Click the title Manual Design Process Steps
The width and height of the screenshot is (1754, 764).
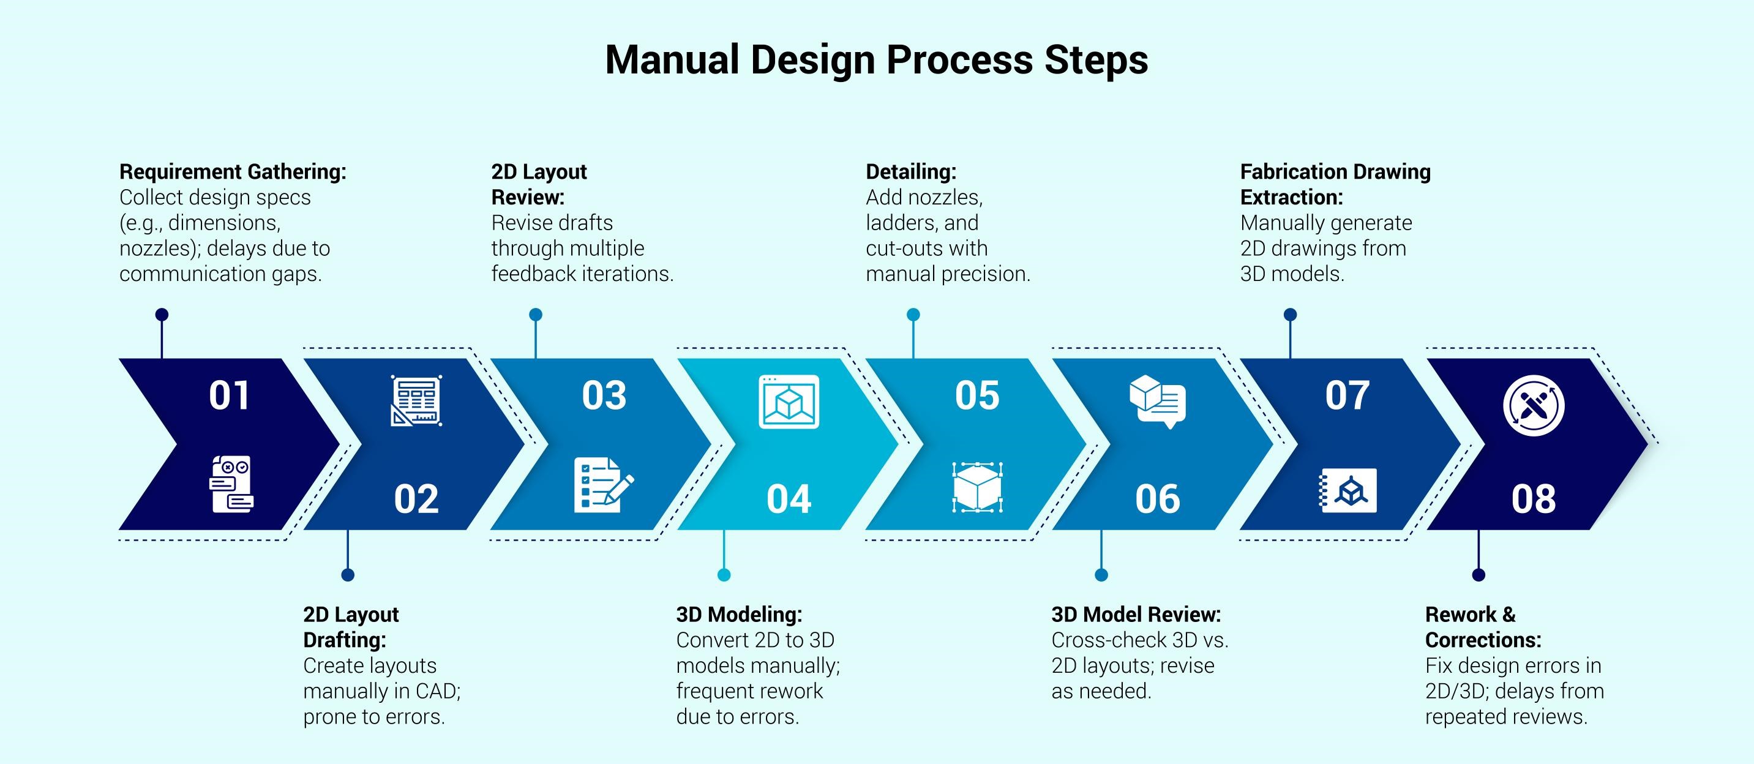point(876,59)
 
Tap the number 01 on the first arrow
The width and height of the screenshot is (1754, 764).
point(230,395)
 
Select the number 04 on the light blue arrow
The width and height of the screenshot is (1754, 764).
point(789,499)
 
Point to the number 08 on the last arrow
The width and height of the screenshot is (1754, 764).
point(1534,499)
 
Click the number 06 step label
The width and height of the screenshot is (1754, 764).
point(1158,499)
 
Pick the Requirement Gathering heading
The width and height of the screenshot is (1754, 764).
point(233,171)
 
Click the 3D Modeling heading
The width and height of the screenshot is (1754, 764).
point(740,614)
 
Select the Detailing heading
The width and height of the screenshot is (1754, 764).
point(911,171)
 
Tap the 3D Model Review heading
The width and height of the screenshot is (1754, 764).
point(1136,614)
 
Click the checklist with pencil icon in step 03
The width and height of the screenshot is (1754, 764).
point(603,485)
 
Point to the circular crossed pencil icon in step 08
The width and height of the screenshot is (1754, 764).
point(1534,406)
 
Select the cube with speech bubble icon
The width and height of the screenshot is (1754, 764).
point(1158,402)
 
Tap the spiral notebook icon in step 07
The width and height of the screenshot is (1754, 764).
point(1347,490)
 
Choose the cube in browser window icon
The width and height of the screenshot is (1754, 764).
point(789,402)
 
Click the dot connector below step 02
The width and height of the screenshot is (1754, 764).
point(348,575)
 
